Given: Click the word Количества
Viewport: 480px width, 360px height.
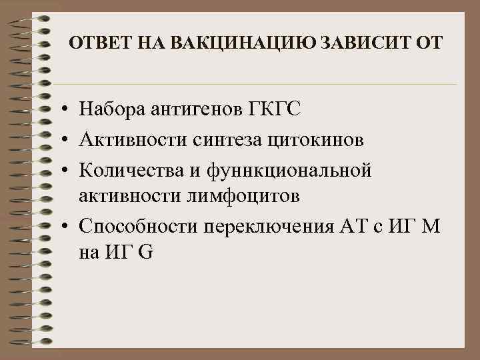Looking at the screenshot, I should [131, 169].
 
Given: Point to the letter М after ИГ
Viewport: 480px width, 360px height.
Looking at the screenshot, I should [431, 225].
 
